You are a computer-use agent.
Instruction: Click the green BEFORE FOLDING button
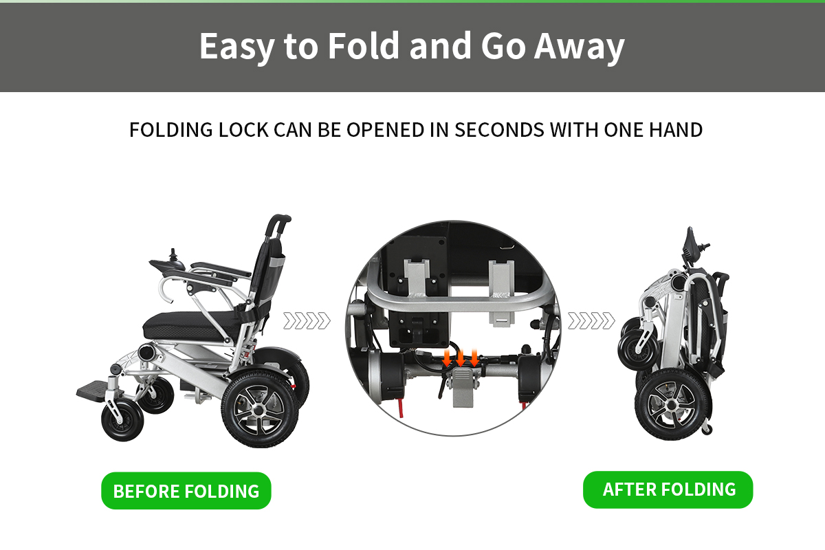[x=186, y=491]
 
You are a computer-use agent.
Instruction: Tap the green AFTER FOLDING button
[x=668, y=489]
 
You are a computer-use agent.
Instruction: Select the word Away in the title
[x=580, y=49]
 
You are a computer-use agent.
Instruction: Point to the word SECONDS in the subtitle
[x=499, y=130]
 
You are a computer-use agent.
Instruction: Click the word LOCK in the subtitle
[x=243, y=130]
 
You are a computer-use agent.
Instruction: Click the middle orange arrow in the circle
[x=461, y=358]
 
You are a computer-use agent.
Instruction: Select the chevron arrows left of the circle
[x=307, y=320]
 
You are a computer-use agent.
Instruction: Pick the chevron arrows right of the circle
[x=591, y=320]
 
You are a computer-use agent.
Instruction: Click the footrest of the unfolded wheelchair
[x=94, y=390]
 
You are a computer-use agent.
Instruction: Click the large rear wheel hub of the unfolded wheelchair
[x=259, y=410]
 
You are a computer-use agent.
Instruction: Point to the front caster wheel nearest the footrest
[x=122, y=421]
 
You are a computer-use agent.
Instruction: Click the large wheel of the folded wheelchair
[x=673, y=404]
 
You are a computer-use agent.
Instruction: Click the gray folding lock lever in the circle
[x=463, y=388]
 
